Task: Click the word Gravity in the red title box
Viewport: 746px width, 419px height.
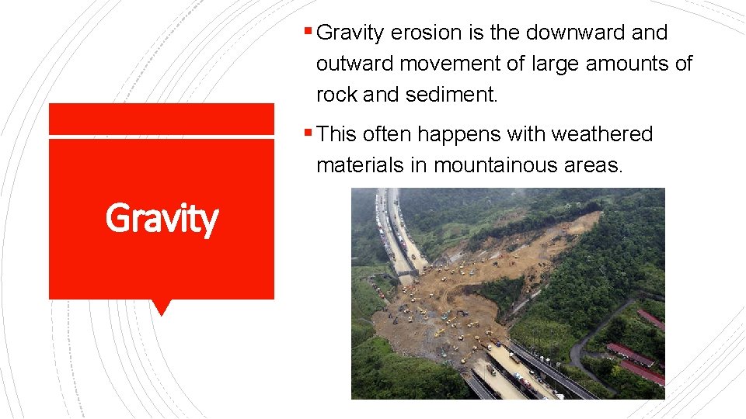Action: click(162, 218)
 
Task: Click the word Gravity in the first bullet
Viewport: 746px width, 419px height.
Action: click(351, 33)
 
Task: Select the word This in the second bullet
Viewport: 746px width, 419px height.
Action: click(337, 135)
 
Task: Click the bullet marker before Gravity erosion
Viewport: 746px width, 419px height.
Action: click(309, 33)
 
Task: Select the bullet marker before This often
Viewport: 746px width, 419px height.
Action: click(309, 133)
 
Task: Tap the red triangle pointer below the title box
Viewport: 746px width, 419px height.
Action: click(162, 307)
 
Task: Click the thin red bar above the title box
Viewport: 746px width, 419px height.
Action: click(162, 119)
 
